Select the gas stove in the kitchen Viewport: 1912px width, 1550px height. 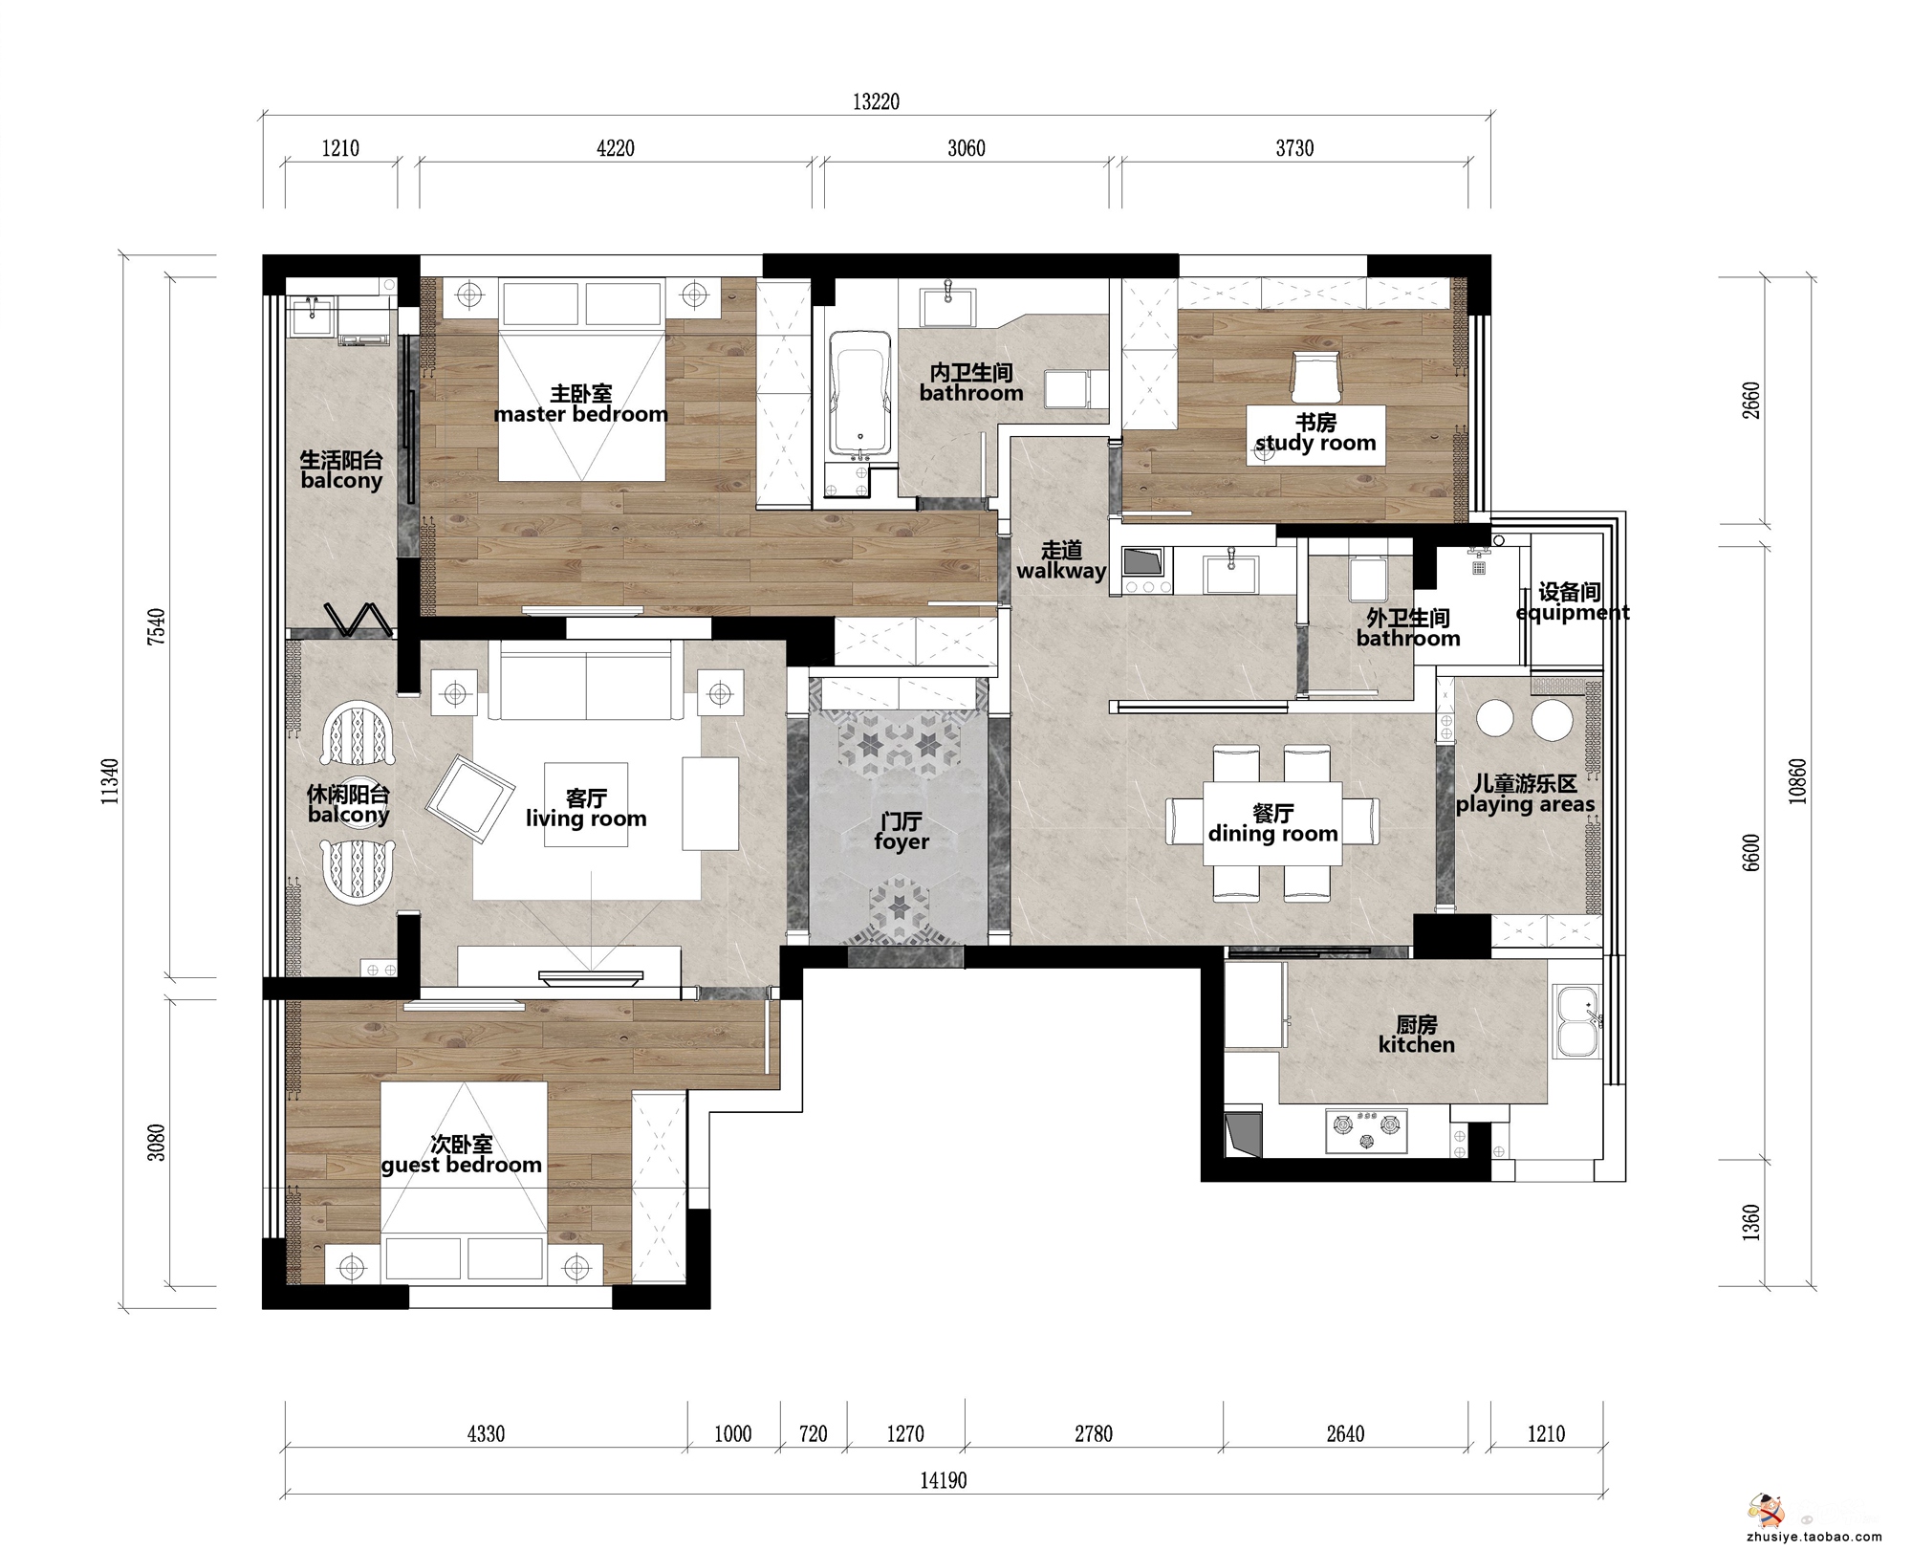[x=1366, y=1129]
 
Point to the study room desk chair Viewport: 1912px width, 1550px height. [x=1315, y=377]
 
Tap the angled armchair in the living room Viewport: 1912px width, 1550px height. [x=469, y=799]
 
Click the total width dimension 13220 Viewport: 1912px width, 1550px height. [x=876, y=101]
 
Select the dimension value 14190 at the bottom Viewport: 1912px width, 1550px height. [x=944, y=1480]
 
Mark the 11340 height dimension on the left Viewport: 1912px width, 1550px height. [x=111, y=781]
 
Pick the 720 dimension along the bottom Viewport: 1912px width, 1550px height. [x=813, y=1433]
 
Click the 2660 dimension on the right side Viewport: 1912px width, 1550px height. [x=1750, y=402]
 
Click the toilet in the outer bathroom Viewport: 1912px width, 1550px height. [x=1366, y=579]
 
